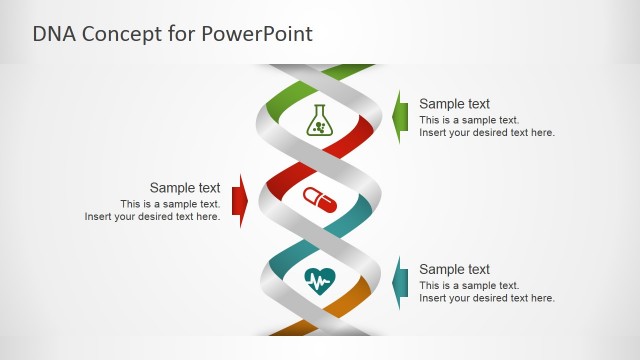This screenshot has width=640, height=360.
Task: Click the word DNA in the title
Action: (54, 33)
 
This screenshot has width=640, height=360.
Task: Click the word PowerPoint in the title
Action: (260, 33)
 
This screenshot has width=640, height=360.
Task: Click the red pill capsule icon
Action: (320, 199)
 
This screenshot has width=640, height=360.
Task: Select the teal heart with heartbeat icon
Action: (320, 280)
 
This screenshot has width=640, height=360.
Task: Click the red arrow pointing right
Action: (239, 201)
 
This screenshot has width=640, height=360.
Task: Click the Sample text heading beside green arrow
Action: (454, 103)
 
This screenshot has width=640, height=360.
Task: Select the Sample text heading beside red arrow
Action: (185, 187)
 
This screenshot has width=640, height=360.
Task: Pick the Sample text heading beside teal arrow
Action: (454, 269)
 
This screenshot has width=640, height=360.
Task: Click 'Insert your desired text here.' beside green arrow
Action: (486, 132)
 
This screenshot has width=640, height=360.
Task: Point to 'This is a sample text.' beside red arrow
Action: (170, 204)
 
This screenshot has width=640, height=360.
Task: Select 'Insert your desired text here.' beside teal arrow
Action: (486, 298)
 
